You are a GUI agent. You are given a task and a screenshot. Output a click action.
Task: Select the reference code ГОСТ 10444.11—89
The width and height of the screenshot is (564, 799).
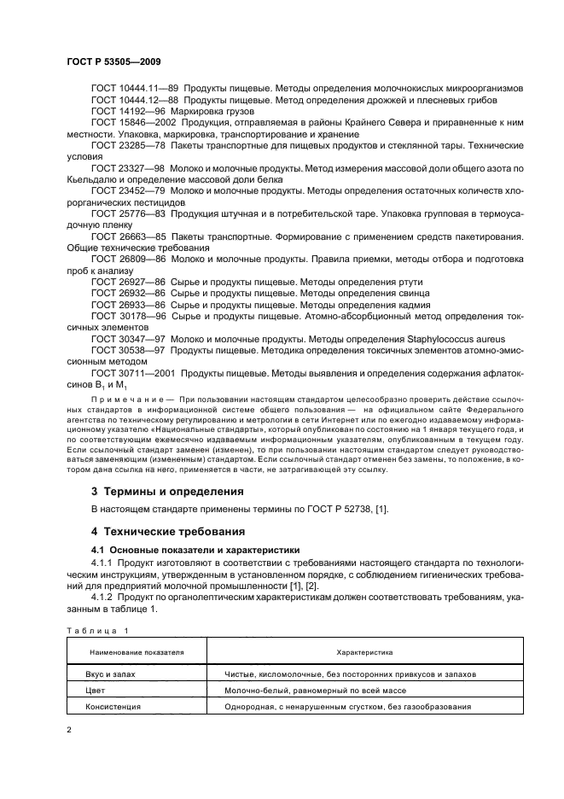click(x=126, y=89)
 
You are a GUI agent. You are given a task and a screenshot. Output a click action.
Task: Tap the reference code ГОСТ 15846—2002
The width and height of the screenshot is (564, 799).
click(x=129, y=124)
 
